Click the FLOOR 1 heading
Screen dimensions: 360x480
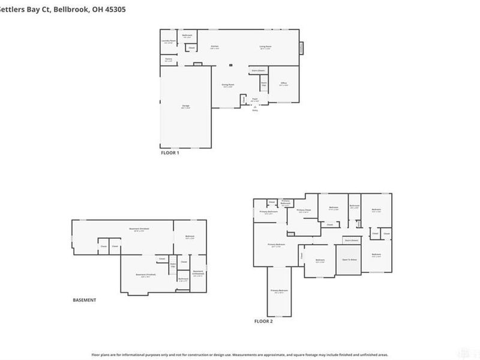(x=170, y=152)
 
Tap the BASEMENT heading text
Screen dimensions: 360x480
(x=84, y=300)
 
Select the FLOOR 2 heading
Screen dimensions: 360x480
(x=263, y=322)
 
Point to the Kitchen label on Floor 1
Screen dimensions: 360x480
(x=214, y=47)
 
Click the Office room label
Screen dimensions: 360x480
(x=284, y=84)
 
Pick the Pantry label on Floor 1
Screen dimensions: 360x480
(x=169, y=59)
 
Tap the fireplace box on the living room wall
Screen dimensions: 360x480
(x=302, y=47)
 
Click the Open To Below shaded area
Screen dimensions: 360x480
(x=350, y=260)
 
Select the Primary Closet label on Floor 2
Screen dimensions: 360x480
(x=303, y=211)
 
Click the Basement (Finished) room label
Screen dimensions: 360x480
(x=146, y=275)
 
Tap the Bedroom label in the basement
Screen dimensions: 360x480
(x=190, y=236)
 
